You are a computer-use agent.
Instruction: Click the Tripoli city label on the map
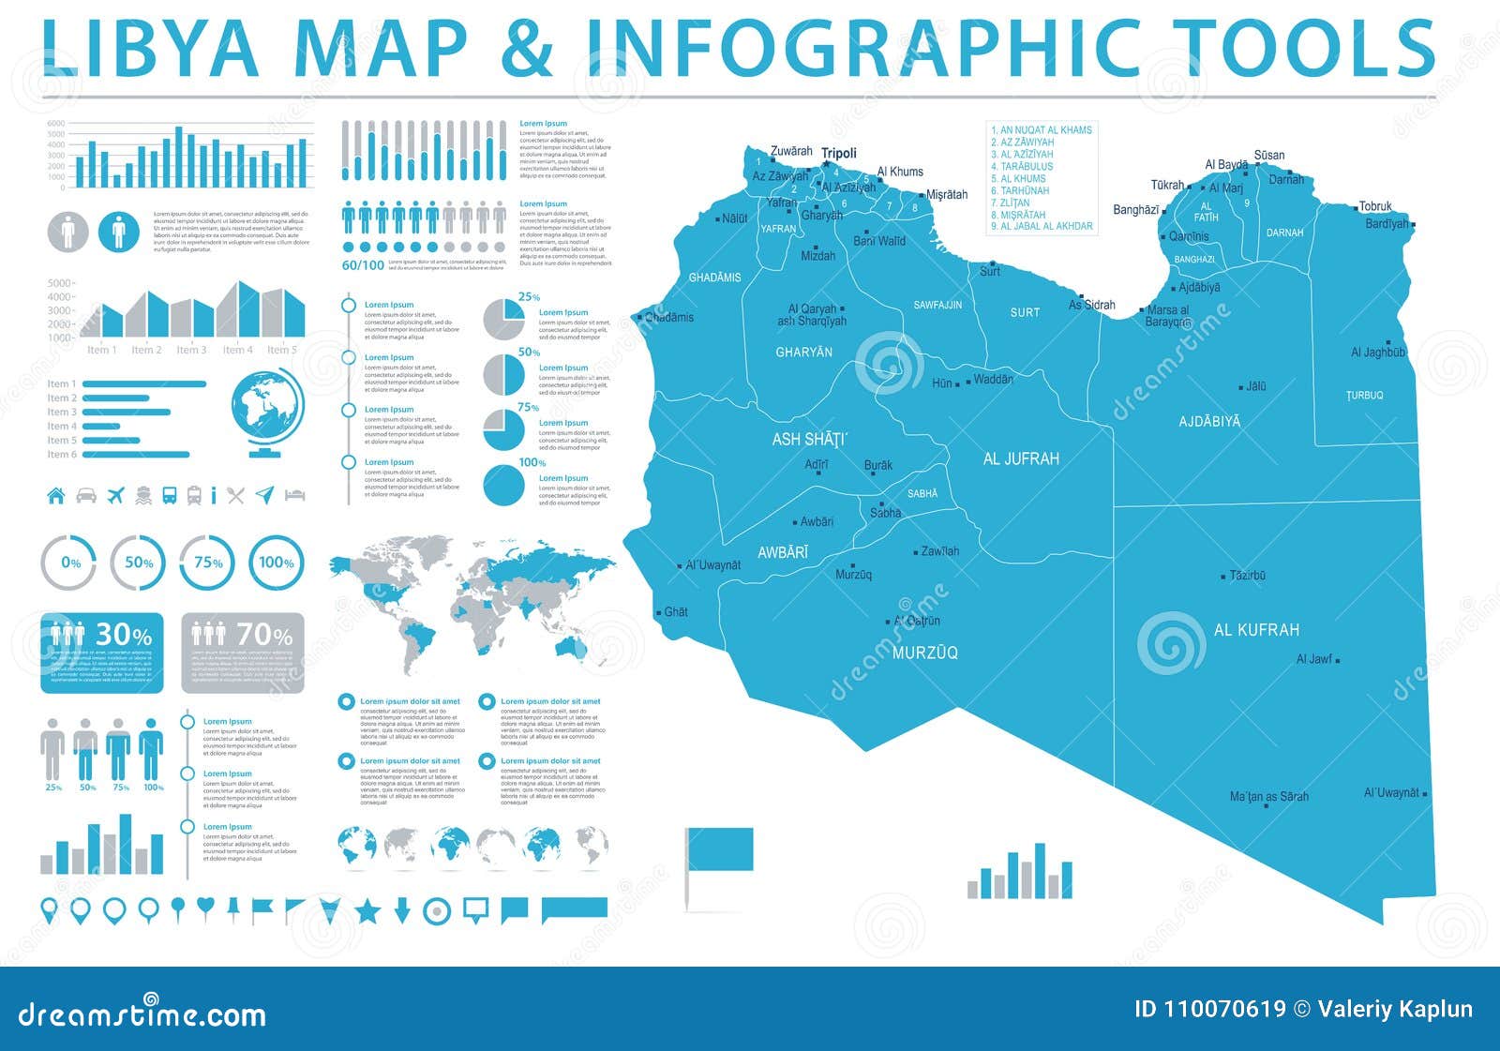839,154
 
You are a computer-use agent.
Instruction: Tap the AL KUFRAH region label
1256,630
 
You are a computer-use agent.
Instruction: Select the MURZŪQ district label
924,653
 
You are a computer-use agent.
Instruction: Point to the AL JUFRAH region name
1021,458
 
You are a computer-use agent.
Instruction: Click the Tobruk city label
1375,206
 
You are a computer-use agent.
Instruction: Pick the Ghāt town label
676,612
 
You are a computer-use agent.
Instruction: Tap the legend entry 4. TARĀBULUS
1022,166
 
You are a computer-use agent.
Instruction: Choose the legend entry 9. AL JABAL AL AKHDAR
1042,226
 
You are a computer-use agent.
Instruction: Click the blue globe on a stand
267,413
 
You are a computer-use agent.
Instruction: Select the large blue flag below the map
719,849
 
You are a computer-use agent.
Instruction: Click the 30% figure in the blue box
124,635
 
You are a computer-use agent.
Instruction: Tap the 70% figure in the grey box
264,635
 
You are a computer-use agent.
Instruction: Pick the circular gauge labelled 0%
69,563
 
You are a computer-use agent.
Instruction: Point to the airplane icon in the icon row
116,494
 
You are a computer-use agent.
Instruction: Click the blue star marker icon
367,909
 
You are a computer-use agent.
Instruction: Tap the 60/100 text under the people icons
363,265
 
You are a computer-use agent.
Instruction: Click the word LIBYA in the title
150,49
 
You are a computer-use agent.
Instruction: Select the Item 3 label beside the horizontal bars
62,413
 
